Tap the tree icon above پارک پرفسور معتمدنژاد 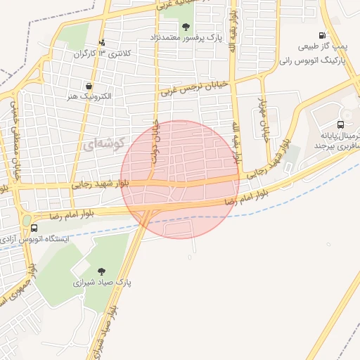(x=186, y=27)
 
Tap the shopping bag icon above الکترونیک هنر (x=89, y=85)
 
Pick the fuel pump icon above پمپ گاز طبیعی (x=322, y=35)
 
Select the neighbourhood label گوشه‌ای (x=103, y=145)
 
